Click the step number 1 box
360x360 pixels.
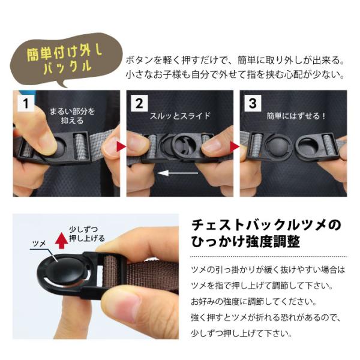tap(26, 103)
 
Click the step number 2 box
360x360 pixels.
tap(139, 103)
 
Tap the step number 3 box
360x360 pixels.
tap(253, 103)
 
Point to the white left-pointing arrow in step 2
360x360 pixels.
tap(178, 173)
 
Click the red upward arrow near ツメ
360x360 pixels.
tap(61, 241)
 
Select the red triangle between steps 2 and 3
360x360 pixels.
tap(235, 146)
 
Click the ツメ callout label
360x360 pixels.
tap(39, 244)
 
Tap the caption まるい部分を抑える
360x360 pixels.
tap(73, 116)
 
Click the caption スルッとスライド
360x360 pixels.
tap(180, 115)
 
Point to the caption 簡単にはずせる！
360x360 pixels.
tap(296, 116)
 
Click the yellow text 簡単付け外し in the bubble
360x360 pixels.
tap(65, 53)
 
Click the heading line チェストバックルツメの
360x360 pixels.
tap(266, 225)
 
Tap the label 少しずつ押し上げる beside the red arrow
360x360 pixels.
tap(87, 234)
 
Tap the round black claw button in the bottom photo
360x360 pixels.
tap(64, 271)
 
